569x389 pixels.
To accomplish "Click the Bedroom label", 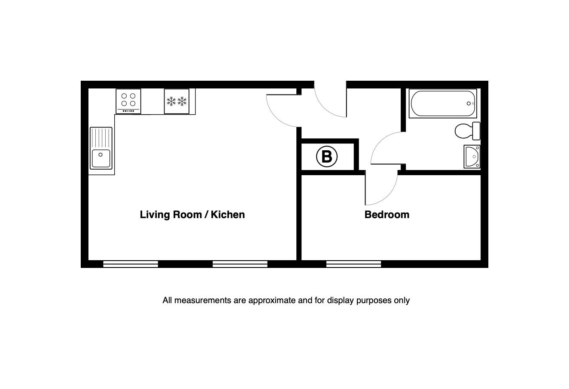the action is point(387,215).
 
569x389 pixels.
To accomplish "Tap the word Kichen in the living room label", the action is point(228,215).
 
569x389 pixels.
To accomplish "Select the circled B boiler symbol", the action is point(327,156).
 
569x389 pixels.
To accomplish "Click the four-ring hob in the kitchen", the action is point(128,101).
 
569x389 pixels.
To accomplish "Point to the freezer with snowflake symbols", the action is point(176,101).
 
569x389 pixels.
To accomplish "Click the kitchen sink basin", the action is point(101,158).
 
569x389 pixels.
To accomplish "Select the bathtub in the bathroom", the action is point(443,103).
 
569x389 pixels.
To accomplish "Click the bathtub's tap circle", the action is point(469,103).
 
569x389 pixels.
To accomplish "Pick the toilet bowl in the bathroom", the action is point(463,131).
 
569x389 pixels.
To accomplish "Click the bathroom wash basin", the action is point(472,157).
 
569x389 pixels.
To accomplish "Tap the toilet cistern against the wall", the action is point(476,131).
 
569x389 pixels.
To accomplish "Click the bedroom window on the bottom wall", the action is point(353,264).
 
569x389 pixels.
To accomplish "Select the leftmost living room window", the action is point(131,264).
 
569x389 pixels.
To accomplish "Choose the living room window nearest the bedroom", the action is point(240,264).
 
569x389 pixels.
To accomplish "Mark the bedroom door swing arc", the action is point(388,195).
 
